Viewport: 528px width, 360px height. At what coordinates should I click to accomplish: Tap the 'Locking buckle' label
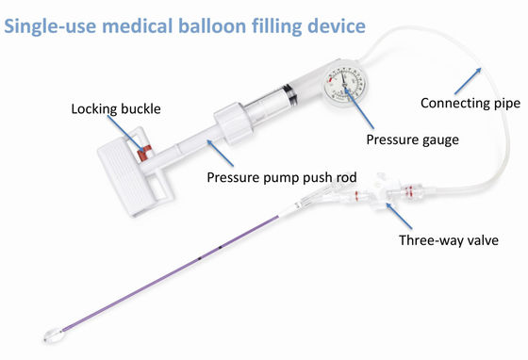pos(115,108)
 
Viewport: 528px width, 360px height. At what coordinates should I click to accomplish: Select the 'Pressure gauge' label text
pos(412,139)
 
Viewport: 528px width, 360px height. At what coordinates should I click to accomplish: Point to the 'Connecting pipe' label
pos(469,103)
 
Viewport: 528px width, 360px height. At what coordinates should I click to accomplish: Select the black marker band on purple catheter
pos(218,248)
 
